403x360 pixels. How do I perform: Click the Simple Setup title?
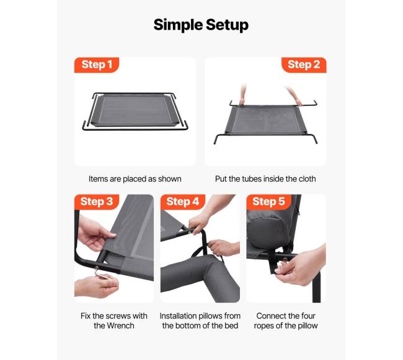coord(201,25)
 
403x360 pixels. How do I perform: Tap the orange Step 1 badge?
coord(97,64)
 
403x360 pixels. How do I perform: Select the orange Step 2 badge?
coord(304,64)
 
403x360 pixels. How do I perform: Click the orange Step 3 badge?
coord(97,202)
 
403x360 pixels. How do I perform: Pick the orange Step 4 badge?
coord(183,202)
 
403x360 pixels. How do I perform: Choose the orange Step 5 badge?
coord(268,202)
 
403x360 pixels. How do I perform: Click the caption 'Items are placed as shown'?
coord(135,179)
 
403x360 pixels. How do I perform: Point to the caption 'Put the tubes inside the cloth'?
coord(265,179)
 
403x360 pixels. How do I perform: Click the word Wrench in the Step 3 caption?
coord(120,325)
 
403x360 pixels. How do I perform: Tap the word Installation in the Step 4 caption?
coord(177,316)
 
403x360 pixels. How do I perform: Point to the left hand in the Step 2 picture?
coord(242,94)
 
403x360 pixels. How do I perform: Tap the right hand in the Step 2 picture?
coord(294,96)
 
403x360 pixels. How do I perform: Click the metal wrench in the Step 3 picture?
coord(103,274)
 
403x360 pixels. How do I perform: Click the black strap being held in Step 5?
coord(273,262)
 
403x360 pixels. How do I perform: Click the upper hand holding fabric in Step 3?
coord(94,234)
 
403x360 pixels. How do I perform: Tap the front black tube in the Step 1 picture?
coord(135,128)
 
